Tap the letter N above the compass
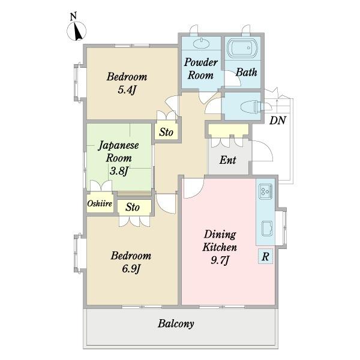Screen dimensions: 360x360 (73, 17)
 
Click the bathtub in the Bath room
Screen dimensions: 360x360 (242, 48)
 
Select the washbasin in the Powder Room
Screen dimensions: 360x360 (202, 43)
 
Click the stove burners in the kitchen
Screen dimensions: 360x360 (266, 191)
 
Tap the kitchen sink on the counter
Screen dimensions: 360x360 (267, 229)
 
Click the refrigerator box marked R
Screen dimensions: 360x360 (265, 256)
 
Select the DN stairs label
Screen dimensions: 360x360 (278, 121)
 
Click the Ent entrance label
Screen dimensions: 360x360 (227, 160)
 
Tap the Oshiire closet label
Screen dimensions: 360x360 (100, 203)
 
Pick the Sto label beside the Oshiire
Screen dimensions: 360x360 (133, 208)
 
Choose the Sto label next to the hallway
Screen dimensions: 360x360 (166, 132)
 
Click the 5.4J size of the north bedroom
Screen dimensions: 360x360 (127, 90)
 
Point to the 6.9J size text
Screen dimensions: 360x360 (131, 269)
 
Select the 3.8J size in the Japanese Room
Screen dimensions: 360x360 (119, 171)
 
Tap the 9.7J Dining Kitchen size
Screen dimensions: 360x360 (220, 260)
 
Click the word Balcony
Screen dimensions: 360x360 (176, 324)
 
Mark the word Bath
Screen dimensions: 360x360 (247, 72)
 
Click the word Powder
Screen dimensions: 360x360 (201, 62)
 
